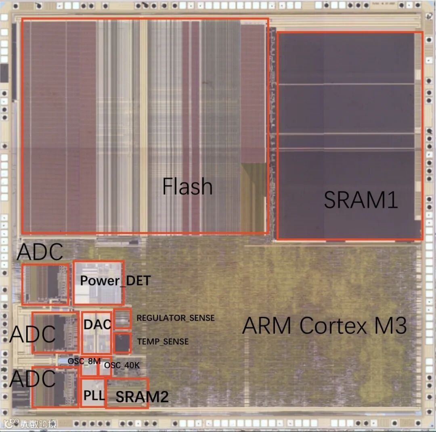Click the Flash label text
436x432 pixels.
tap(187, 187)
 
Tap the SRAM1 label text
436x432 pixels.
tap(361, 199)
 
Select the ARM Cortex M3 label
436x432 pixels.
tap(324, 325)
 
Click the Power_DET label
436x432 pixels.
tap(115, 281)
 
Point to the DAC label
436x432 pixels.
tap(97, 324)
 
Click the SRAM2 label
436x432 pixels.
tap(142, 397)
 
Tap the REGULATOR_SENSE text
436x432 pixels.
tap(176, 318)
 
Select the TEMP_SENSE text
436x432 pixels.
tap(163, 342)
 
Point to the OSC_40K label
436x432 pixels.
tap(122, 365)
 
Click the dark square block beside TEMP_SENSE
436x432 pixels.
tap(122, 343)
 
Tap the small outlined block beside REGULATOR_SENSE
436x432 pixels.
tap(122, 319)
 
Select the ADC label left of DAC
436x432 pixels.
tap(32, 334)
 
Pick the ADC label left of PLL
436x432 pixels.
tap(32, 379)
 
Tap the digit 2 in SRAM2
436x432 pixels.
tap(163, 397)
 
